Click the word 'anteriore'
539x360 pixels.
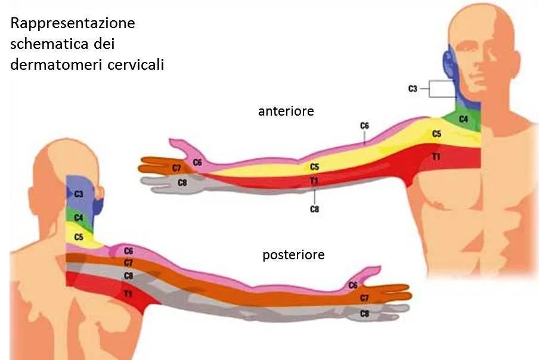click(x=286, y=111)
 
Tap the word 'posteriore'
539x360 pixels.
click(x=293, y=255)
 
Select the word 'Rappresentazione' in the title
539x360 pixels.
click(x=73, y=24)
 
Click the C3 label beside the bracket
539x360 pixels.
click(x=413, y=89)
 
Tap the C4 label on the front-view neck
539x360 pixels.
click(x=463, y=120)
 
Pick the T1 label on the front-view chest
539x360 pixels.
click(x=436, y=156)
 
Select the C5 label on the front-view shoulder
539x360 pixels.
click(x=437, y=135)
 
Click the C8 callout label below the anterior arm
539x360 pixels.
click(x=314, y=209)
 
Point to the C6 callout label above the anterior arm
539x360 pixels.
click(x=364, y=126)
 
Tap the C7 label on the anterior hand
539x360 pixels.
click(x=176, y=168)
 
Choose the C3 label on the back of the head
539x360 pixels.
click(x=79, y=194)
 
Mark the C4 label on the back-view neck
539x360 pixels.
click(x=79, y=218)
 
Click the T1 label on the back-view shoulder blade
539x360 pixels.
click(x=128, y=294)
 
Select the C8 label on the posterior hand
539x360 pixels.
click(x=365, y=313)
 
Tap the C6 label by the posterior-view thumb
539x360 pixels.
click(x=353, y=285)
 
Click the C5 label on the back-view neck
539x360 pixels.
click(x=79, y=237)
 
